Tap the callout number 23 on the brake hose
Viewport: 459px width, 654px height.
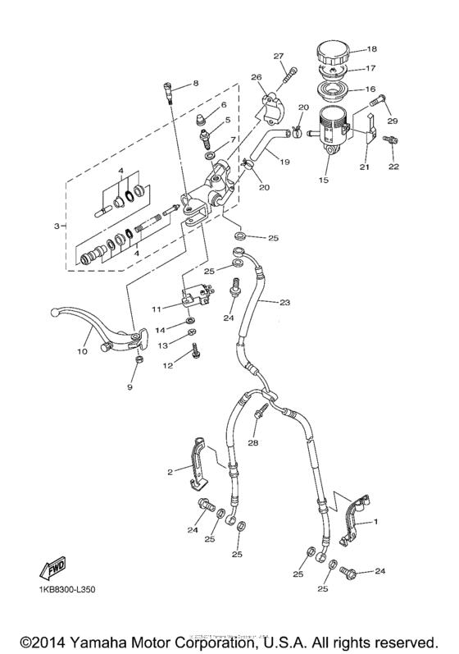click(284, 303)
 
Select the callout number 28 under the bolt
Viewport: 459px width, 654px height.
click(253, 442)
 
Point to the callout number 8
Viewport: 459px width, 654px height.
click(196, 84)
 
